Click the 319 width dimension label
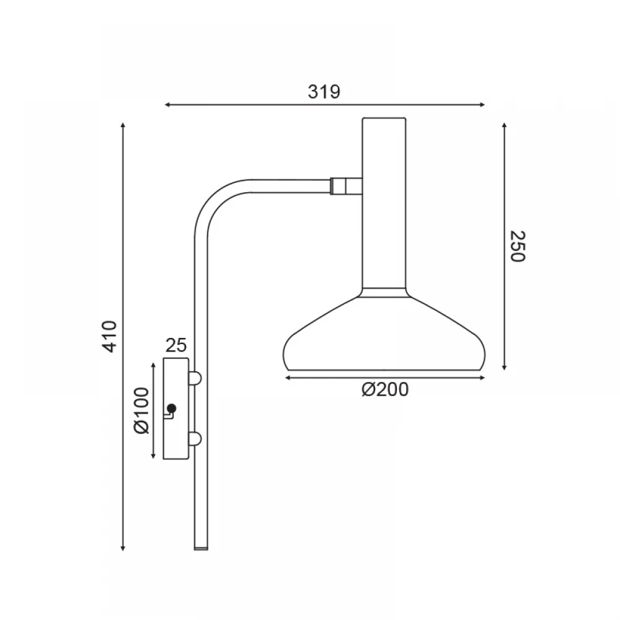pyautogui.click(x=324, y=92)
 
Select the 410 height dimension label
pyautogui.click(x=110, y=336)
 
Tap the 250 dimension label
pyautogui.click(x=518, y=246)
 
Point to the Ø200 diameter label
pyautogui.click(x=385, y=390)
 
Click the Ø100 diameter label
pyautogui.click(x=141, y=410)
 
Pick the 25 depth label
pyautogui.click(x=176, y=345)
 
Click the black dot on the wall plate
pyautogui.click(x=172, y=408)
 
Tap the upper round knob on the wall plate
pyautogui.click(x=195, y=378)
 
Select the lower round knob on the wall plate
pyautogui.click(x=195, y=439)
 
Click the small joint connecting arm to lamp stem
pyautogui.click(x=346, y=186)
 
